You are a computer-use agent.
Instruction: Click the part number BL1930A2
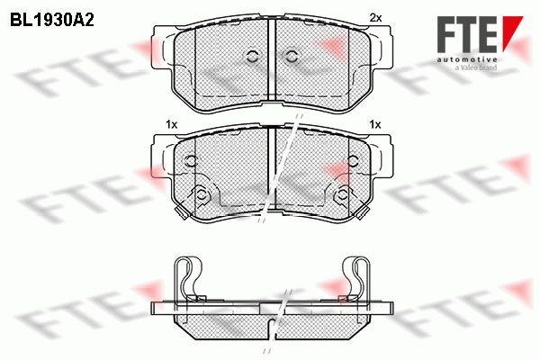tap(52, 21)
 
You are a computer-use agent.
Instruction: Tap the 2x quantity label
tap(375, 18)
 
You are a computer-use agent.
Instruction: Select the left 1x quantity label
tap(171, 124)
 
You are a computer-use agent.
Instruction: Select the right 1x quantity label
tap(375, 124)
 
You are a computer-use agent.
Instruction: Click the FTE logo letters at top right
tap(467, 34)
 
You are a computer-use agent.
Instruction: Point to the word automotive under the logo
tap(466, 59)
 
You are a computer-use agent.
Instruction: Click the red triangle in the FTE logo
tap(512, 31)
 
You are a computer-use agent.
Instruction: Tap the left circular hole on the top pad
tap(252, 57)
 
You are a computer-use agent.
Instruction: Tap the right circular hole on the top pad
tap(292, 57)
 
